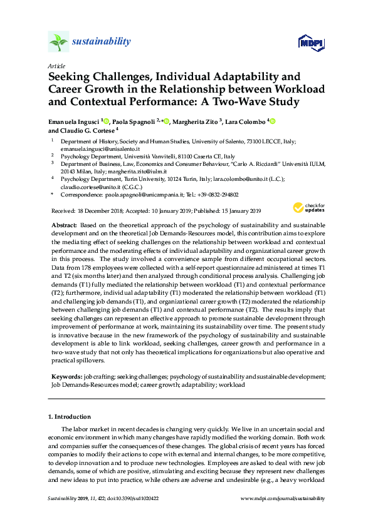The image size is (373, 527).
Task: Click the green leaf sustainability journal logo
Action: (58, 43)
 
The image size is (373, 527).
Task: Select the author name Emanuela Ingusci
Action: (74, 121)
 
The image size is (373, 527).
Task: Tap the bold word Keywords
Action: (66, 377)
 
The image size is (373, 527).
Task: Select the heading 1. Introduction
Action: (70, 416)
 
